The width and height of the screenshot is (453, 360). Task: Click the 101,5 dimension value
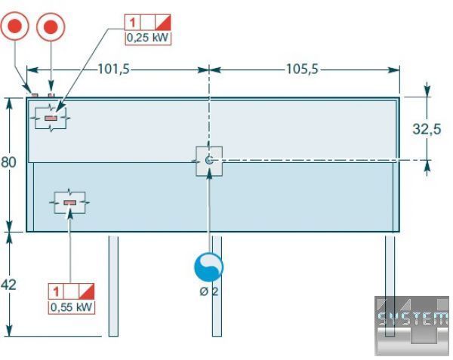tap(114, 69)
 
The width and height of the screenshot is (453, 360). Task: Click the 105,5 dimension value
tap(302, 69)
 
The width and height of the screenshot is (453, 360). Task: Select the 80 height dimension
tap(8, 163)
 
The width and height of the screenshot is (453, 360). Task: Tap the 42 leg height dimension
tap(8, 285)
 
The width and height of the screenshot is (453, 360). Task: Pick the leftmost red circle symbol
tap(15, 29)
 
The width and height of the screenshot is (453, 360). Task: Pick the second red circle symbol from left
tap(51, 29)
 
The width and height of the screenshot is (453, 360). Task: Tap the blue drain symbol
tap(209, 266)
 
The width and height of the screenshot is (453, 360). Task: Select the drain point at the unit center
tap(209, 159)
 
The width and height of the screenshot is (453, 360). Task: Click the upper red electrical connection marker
tap(51, 118)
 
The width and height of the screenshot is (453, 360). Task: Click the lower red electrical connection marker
tap(69, 202)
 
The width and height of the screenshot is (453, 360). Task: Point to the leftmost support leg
tap(113, 285)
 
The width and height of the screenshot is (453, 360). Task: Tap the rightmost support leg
tap(390, 285)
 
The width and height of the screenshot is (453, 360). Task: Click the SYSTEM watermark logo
tap(412, 321)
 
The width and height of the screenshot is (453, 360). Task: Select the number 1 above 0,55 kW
tap(57, 292)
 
